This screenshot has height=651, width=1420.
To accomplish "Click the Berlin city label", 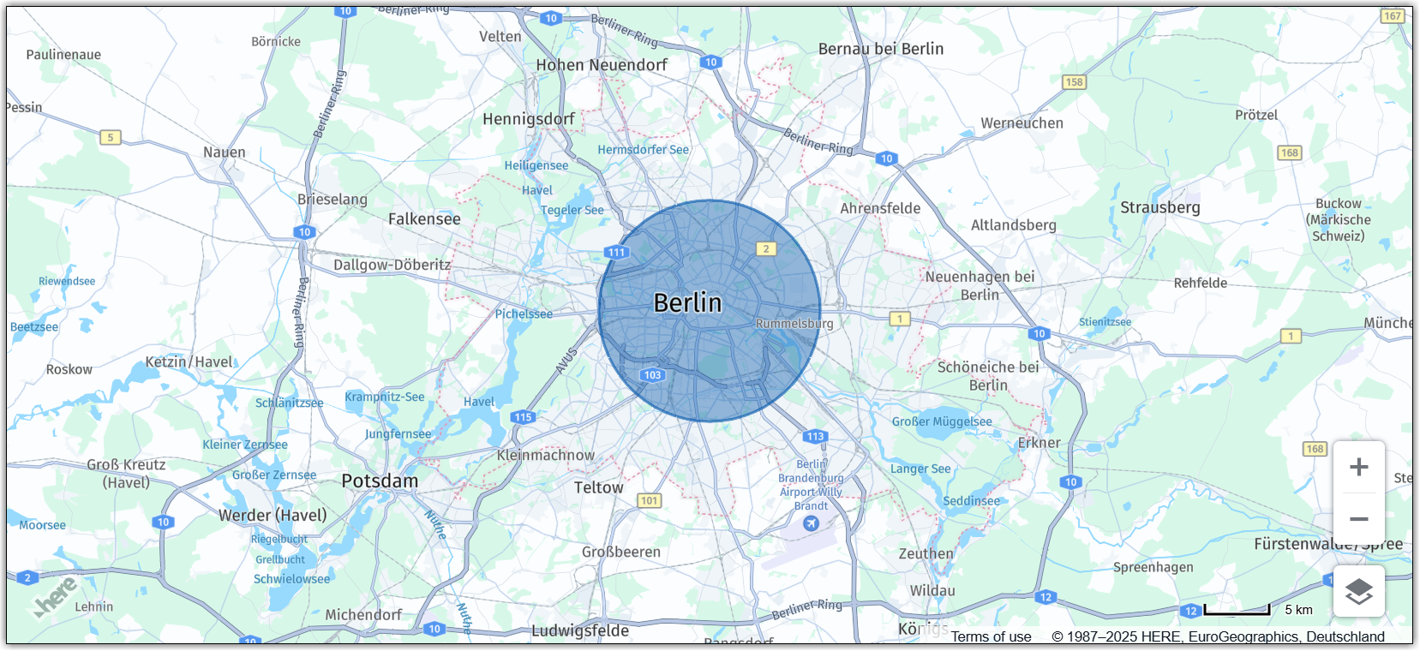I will pyautogui.click(x=687, y=303).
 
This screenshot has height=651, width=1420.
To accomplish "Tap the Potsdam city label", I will pyautogui.click(x=380, y=481).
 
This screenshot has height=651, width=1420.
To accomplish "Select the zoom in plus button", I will pyautogui.click(x=1358, y=468).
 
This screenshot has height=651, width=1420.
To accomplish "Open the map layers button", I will pyautogui.click(x=1358, y=591).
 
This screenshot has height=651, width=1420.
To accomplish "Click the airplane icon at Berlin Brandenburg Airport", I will pyautogui.click(x=811, y=523).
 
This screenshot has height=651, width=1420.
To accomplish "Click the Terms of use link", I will pyautogui.click(x=991, y=636).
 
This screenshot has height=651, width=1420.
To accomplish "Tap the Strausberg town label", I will pyautogui.click(x=1159, y=208).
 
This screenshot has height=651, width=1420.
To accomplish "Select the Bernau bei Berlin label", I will pyautogui.click(x=880, y=50).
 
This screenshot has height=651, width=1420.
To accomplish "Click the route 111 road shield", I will pyautogui.click(x=616, y=252).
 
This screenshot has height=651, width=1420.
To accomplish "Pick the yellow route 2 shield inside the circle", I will pyautogui.click(x=766, y=249).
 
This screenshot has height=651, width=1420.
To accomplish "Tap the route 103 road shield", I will pyautogui.click(x=652, y=375).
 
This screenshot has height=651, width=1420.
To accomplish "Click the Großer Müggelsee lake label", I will pyautogui.click(x=941, y=422).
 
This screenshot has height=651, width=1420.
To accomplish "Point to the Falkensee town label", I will pyautogui.click(x=424, y=219).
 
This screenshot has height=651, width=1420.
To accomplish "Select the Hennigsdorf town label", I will pyautogui.click(x=528, y=119).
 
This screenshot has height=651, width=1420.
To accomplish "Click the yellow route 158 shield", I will pyautogui.click(x=1074, y=82).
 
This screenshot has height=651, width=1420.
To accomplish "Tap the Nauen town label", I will pyautogui.click(x=225, y=152).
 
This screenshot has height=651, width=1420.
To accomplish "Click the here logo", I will pyautogui.click(x=57, y=596).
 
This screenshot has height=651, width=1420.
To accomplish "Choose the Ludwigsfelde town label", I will pyautogui.click(x=580, y=631).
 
